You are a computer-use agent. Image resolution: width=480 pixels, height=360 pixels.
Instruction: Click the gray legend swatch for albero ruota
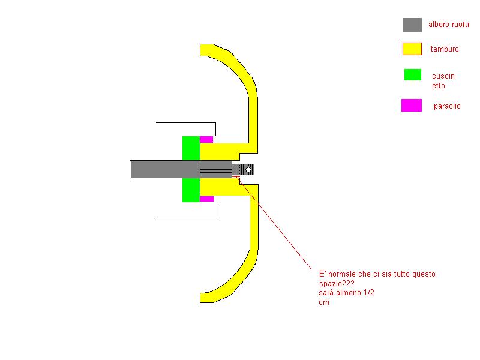(x=412, y=25)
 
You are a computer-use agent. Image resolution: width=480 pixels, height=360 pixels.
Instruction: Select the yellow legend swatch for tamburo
(x=412, y=49)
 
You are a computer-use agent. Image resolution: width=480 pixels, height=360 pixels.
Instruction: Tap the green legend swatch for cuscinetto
(x=413, y=74)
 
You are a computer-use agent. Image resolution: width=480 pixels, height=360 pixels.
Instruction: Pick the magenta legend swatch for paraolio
(x=412, y=106)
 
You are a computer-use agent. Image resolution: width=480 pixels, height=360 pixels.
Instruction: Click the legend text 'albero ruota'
(x=448, y=25)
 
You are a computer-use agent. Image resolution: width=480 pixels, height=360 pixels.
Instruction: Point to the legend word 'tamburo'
(x=445, y=49)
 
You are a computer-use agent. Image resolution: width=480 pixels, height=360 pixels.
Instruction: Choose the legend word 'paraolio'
(x=447, y=106)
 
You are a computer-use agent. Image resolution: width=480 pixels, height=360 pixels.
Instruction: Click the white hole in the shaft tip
(x=248, y=170)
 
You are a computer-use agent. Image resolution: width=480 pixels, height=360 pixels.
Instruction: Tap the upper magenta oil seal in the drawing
(x=206, y=140)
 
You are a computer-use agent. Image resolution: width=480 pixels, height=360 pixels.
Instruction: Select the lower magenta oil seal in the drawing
(x=206, y=199)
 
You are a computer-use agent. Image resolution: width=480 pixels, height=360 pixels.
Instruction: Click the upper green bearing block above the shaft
(x=191, y=148)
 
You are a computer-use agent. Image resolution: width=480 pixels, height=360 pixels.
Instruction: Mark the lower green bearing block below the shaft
(x=191, y=190)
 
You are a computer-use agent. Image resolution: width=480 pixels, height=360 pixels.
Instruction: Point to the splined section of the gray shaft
(x=216, y=169)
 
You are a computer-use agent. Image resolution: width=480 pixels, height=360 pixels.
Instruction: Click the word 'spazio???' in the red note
(x=337, y=283)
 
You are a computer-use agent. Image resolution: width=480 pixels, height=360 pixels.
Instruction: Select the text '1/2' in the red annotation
(x=369, y=292)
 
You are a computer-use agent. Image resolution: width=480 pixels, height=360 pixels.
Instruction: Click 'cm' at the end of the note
(x=324, y=302)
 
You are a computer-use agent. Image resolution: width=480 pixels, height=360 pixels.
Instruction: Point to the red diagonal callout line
(x=275, y=224)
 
